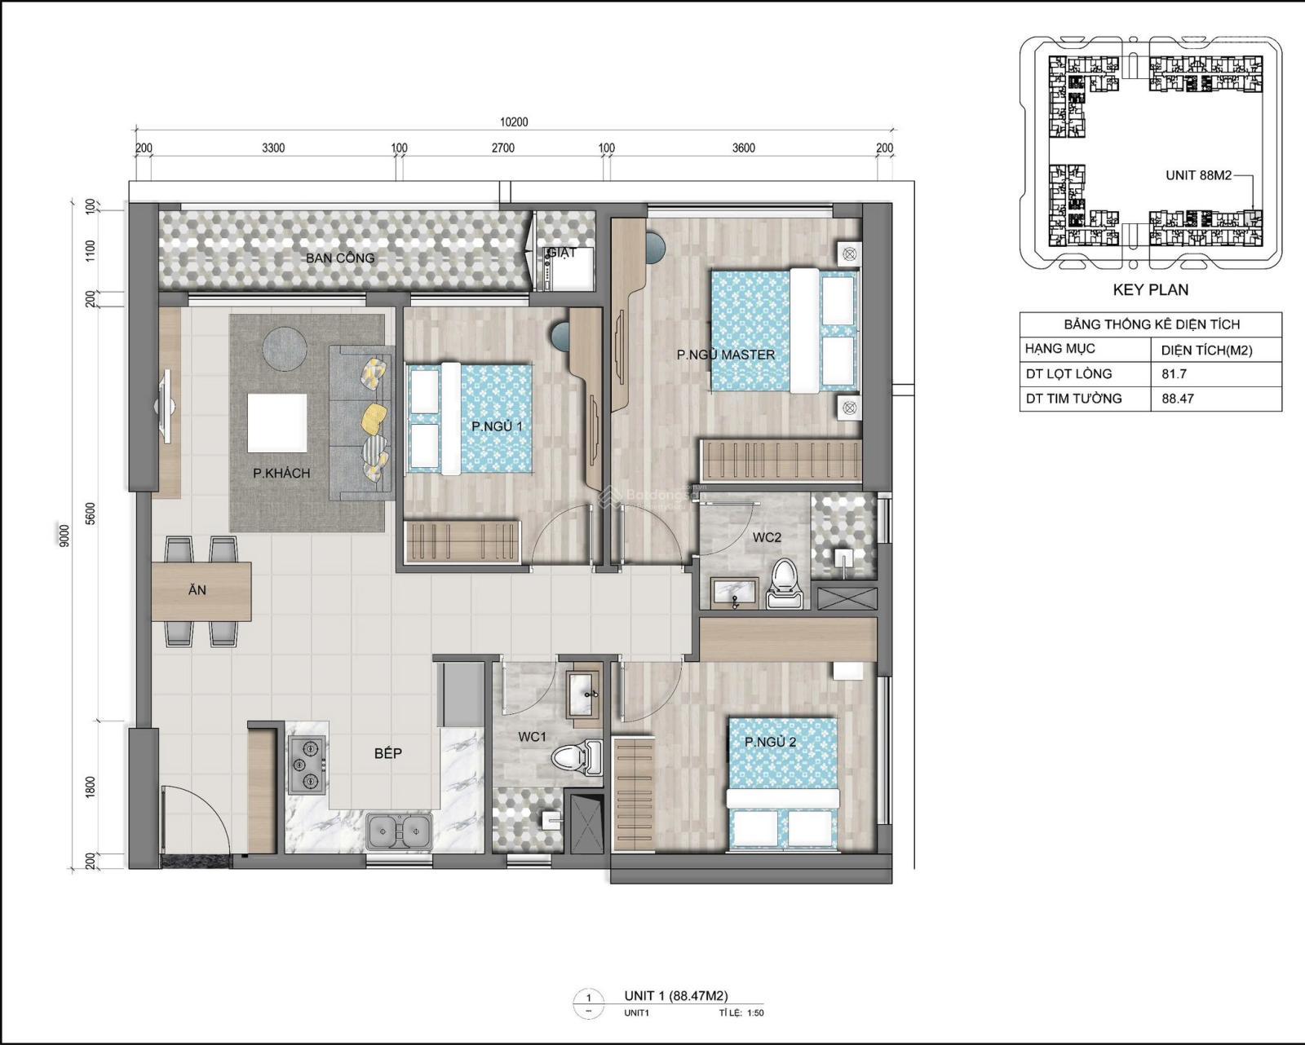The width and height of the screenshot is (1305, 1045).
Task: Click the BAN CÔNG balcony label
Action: click(x=340, y=258)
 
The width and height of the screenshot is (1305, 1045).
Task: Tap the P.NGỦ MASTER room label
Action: click(x=725, y=355)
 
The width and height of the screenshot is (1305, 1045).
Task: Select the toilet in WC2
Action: click(x=786, y=584)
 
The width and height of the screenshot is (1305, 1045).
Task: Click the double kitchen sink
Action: click(x=399, y=831)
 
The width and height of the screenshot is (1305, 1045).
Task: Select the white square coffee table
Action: click(x=278, y=422)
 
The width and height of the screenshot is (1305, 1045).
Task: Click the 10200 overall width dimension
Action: click(x=514, y=122)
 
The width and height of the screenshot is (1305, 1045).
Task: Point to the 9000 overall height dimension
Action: click(x=65, y=536)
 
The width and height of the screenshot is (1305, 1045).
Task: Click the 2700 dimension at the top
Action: click(x=502, y=148)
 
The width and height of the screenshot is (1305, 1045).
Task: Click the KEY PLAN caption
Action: click(x=1150, y=289)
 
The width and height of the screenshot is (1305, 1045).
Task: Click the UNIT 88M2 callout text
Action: click(x=1197, y=175)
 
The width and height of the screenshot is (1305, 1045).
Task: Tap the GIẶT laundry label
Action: click(x=562, y=253)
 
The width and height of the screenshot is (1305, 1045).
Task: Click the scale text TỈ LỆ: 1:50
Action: click(x=737, y=1013)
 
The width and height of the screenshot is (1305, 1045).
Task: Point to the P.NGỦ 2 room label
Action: click(x=770, y=743)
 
